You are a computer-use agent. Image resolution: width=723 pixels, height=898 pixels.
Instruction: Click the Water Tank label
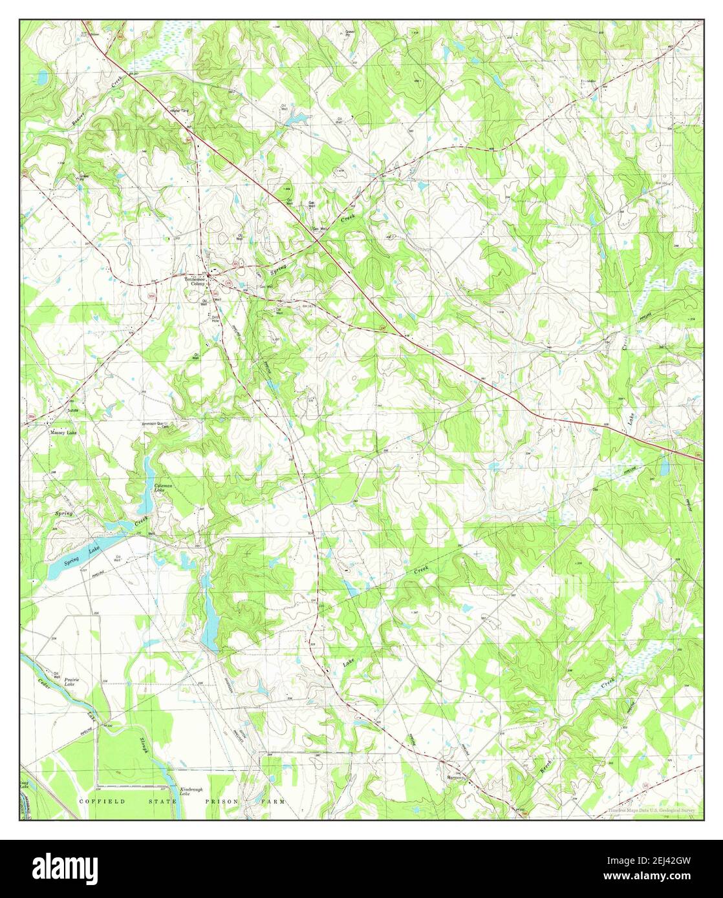pyautogui.click(x=180, y=110)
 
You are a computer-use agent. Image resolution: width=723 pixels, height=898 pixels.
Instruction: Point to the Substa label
pyautogui.click(x=73, y=409)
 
